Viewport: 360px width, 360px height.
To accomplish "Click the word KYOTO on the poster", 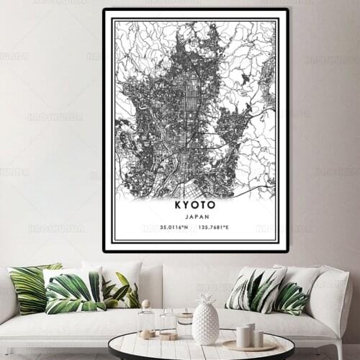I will point(194,205).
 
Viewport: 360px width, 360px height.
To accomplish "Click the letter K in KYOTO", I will point(176,205).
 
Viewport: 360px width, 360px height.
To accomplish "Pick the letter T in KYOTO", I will point(204,205).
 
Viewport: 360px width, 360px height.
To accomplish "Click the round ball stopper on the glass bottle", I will point(146,304).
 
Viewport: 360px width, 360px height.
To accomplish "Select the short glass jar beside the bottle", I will point(168,325).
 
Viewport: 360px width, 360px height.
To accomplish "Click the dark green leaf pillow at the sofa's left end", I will point(30,288).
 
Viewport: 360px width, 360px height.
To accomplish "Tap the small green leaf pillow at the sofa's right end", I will point(292,297).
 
